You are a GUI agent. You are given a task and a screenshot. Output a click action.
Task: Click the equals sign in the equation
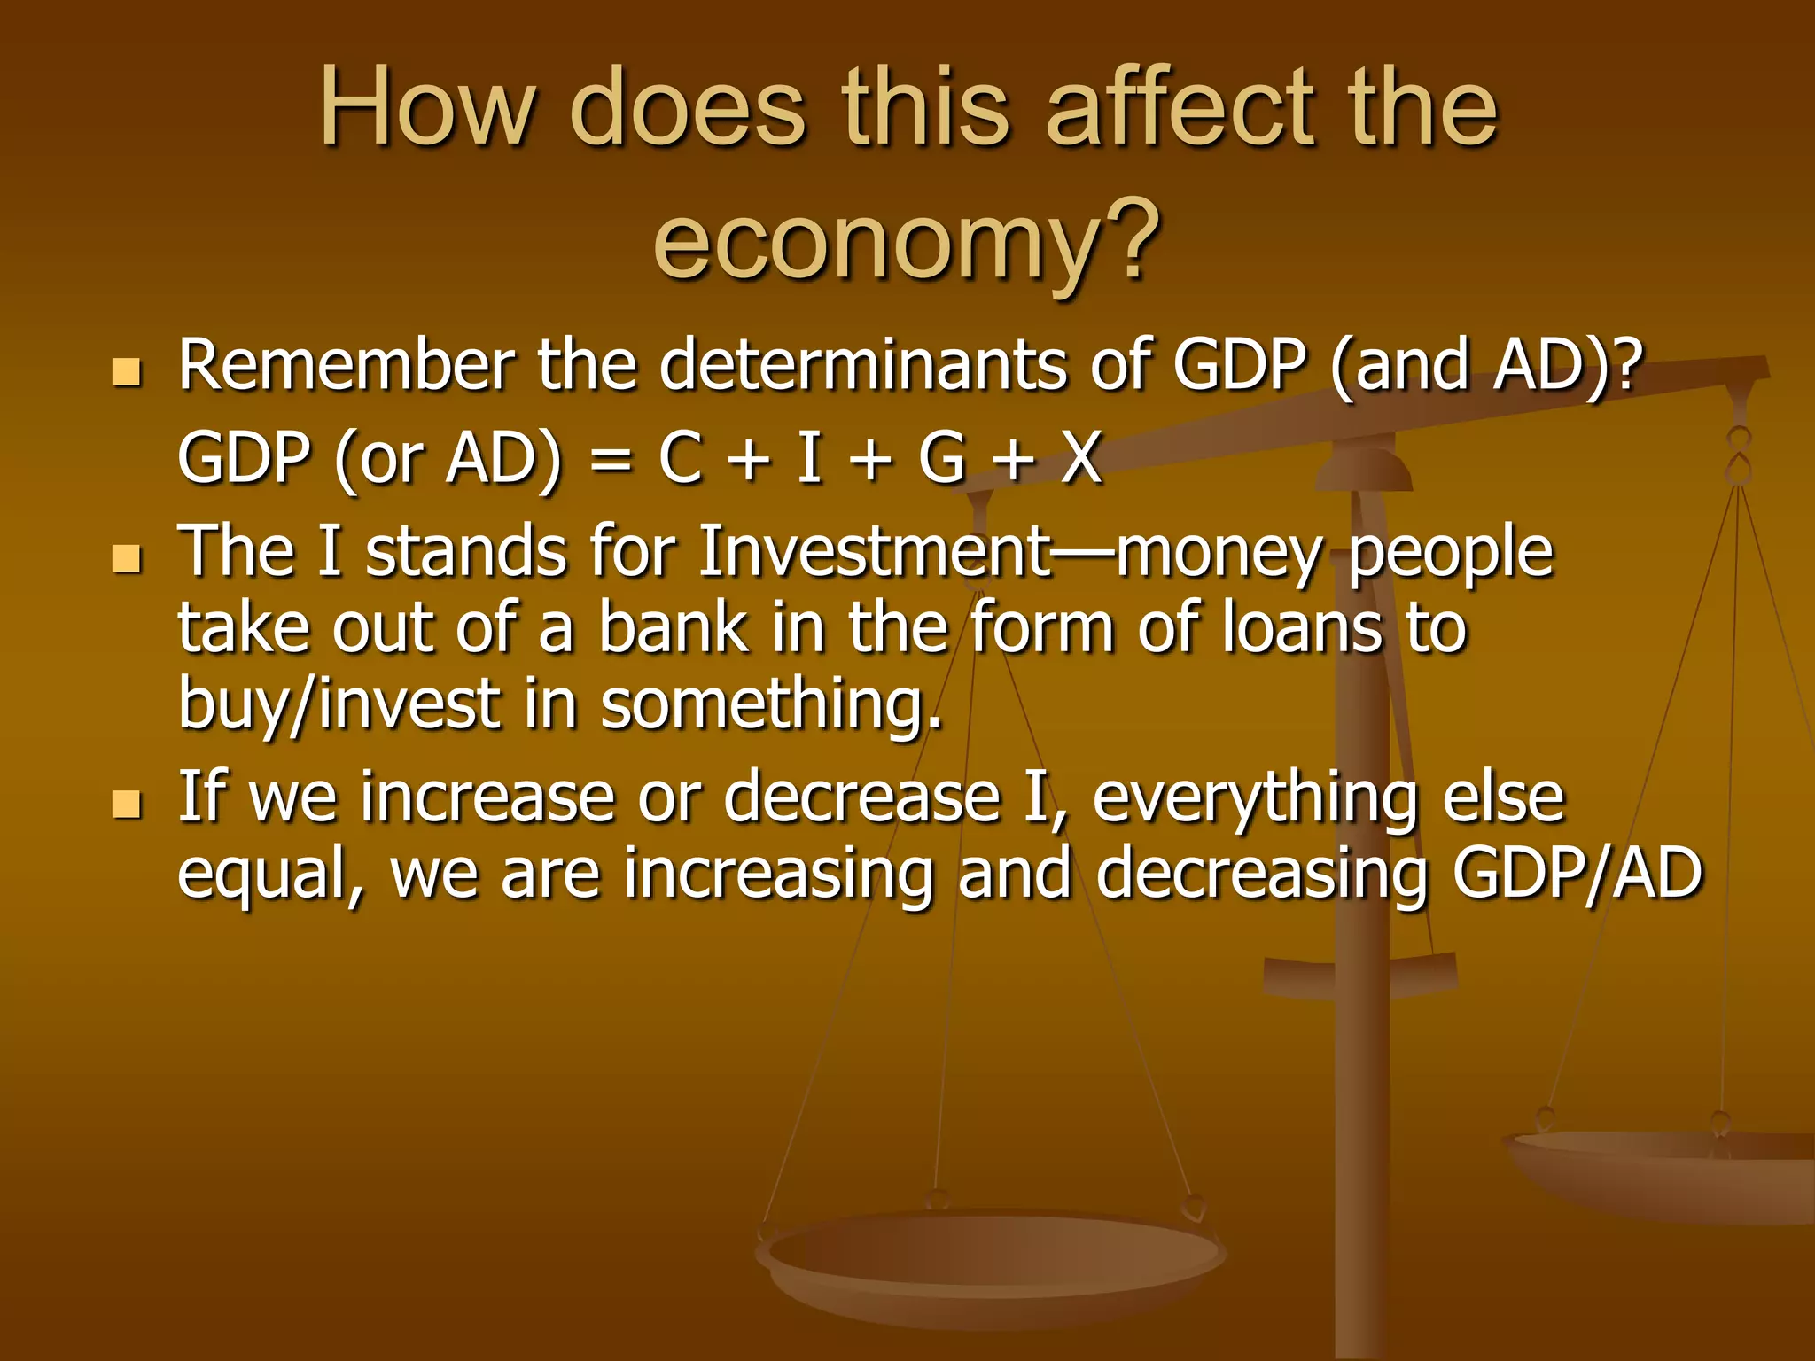pos(610,461)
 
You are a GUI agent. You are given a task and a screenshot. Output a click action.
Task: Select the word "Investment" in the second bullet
pos(874,551)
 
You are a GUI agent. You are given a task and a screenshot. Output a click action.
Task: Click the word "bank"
pos(673,627)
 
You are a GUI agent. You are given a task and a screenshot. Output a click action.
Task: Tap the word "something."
pos(771,704)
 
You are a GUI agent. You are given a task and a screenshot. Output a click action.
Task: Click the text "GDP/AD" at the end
pos(1578,874)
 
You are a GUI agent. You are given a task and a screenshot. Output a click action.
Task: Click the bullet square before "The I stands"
pos(128,559)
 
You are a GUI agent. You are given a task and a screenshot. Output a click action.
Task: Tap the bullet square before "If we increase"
pos(128,805)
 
